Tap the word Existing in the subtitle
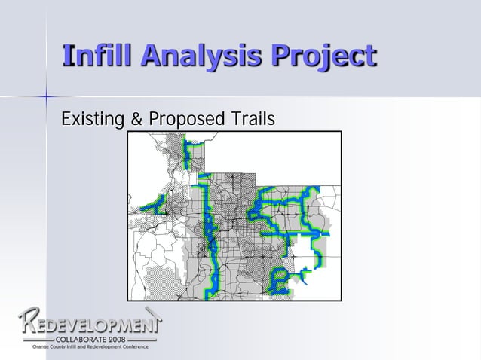(x=89, y=120)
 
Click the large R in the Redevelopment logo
(x=30, y=324)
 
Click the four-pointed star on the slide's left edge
(x=47, y=96)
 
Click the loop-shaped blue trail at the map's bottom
(x=280, y=282)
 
